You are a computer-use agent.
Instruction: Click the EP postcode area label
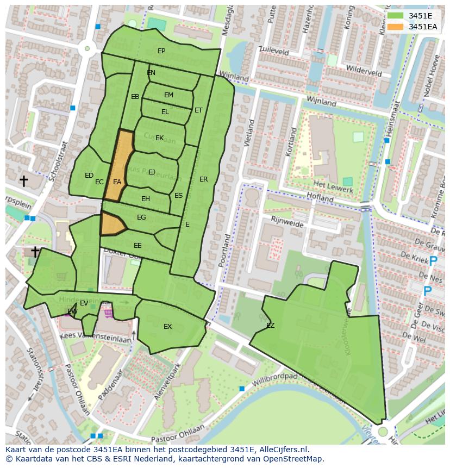point(161,51)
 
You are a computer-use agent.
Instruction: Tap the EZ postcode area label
point(270,326)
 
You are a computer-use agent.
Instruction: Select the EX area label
point(168,327)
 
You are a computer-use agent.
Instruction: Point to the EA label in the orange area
point(117,182)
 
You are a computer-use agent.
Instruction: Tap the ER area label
point(204,179)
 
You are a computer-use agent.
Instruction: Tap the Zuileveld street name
point(274,51)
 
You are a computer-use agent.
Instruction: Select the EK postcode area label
point(160,138)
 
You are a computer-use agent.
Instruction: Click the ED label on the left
point(89,176)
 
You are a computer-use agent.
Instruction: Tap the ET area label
point(198,110)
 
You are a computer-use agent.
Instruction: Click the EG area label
point(141,217)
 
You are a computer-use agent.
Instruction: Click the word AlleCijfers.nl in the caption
point(282,450)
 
